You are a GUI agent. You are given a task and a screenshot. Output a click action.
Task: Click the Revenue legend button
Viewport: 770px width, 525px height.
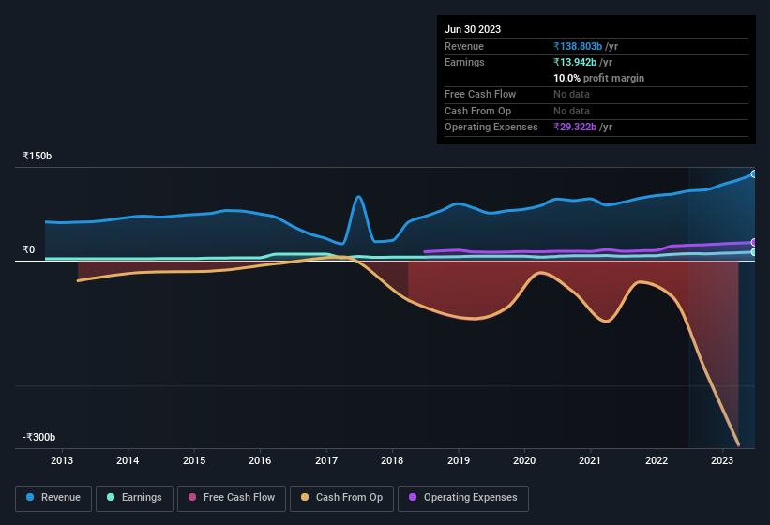[x=53, y=498]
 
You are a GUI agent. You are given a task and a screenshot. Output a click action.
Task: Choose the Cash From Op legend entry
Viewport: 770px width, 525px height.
[x=341, y=498]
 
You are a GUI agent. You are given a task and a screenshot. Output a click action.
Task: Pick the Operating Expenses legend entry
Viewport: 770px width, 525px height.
[x=463, y=498]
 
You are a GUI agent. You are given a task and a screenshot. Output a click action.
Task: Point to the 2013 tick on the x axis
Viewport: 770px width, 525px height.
[x=62, y=460]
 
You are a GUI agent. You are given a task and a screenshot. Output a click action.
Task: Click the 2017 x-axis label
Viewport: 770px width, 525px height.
[x=326, y=460]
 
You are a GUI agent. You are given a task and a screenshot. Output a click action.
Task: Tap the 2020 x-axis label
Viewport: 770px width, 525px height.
[x=524, y=460]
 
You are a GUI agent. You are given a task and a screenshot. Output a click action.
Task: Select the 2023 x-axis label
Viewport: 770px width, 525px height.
[x=722, y=460]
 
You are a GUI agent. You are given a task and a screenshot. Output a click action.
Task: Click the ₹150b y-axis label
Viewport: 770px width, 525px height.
[x=38, y=156]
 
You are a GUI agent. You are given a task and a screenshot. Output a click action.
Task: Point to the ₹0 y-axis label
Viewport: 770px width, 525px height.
[x=29, y=249]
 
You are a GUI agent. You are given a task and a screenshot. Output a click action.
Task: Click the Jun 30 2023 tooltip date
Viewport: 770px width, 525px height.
[x=473, y=29]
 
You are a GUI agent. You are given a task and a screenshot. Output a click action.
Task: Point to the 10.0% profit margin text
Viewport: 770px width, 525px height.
[x=598, y=78]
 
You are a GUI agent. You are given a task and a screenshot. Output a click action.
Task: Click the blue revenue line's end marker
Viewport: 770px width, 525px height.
[x=753, y=174]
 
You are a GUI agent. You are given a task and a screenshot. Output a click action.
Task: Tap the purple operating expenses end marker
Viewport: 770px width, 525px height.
[x=753, y=242]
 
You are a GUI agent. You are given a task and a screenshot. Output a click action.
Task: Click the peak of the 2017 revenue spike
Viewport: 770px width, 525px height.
[x=359, y=197]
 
